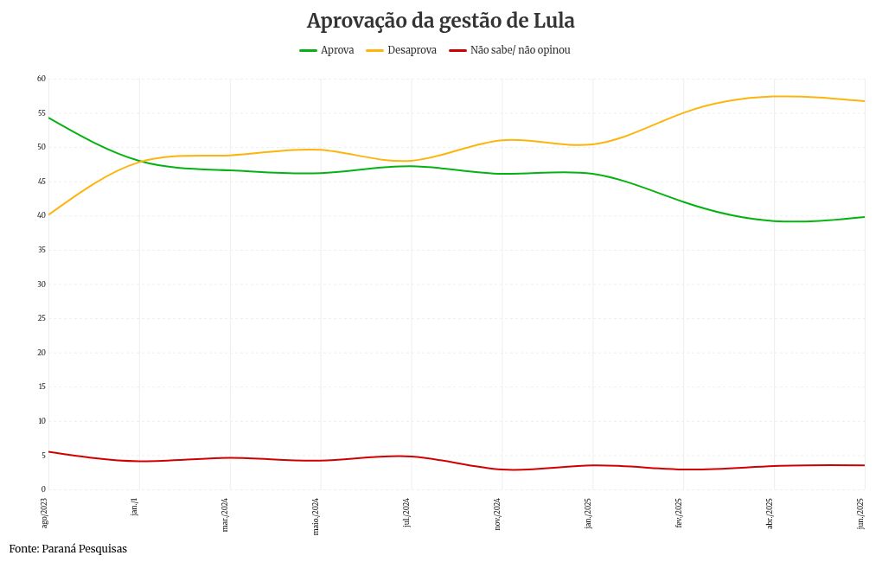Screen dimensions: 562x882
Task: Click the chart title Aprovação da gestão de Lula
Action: coord(440,21)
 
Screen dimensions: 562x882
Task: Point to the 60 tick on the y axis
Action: coord(41,79)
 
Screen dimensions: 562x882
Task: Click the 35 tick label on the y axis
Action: coord(41,250)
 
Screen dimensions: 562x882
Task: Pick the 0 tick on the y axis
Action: coord(42,489)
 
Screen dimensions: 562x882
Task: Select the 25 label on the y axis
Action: coord(41,318)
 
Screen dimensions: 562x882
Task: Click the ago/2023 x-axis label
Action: coord(45,512)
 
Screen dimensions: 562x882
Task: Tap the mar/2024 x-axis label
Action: coord(226,514)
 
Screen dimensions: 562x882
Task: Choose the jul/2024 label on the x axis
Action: coord(407,512)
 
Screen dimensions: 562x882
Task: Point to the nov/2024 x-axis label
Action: coord(498,514)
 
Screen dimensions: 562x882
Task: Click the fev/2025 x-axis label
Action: coord(680,513)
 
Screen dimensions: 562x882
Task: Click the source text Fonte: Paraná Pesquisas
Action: coord(68,549)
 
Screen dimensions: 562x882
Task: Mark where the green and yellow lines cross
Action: coord(138,161)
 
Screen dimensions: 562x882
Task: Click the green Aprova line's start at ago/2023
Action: coord(48,118)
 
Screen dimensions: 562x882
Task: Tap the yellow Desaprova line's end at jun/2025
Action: coord(865,101)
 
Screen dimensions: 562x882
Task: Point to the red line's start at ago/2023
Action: coord(48,451)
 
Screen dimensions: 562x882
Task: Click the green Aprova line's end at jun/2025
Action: coord(865,217)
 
